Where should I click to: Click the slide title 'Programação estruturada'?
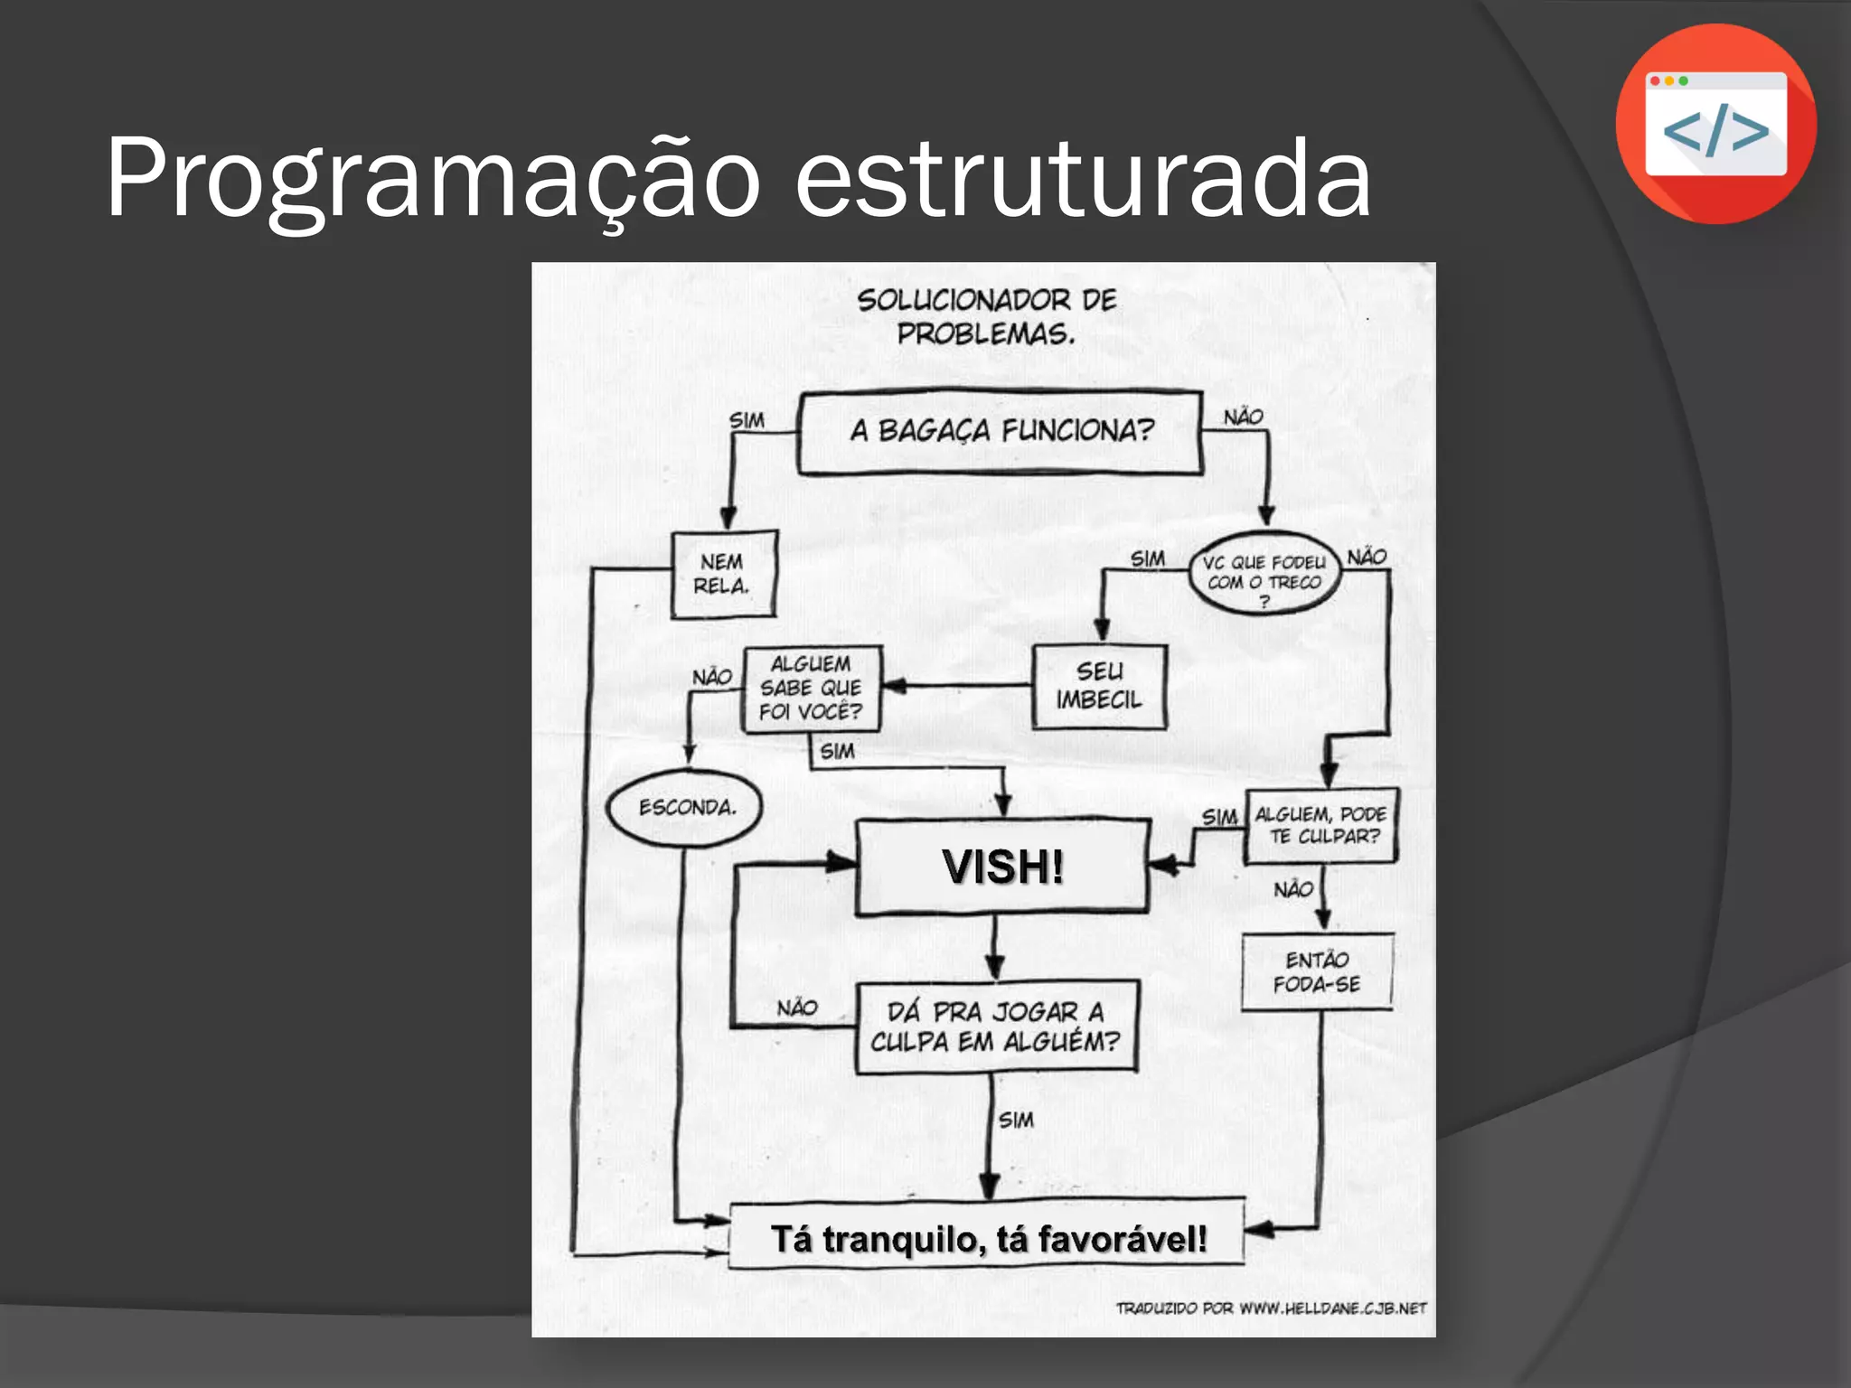coord(738,177)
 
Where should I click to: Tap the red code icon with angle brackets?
coord(1715,125)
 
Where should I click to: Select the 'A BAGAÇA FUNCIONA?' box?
coord(1001,432)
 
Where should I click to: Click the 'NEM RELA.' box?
coord(723,574)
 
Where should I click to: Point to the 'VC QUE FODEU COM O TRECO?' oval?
coord(1264,576)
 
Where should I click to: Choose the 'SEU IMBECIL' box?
coord(1099,686)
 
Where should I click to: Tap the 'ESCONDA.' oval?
coord(686,808)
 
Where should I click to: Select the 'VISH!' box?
coord(1002,867)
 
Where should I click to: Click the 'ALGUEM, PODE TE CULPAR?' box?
coord(1320,826)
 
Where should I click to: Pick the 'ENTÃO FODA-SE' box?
coord(1317,971)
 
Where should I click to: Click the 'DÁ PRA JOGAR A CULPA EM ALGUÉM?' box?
coord(995,1027)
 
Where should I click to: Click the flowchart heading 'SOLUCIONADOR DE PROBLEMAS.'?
coord(986,316)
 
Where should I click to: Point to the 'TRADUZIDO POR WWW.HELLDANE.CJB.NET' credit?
coord(1271,1308)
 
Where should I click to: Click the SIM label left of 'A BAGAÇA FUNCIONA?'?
coord(747,421)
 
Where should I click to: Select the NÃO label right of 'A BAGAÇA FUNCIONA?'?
coord(1244,417)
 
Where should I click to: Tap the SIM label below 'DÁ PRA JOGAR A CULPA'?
coord(1016,1121)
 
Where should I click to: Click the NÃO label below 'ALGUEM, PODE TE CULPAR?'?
coord(1293,890)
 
